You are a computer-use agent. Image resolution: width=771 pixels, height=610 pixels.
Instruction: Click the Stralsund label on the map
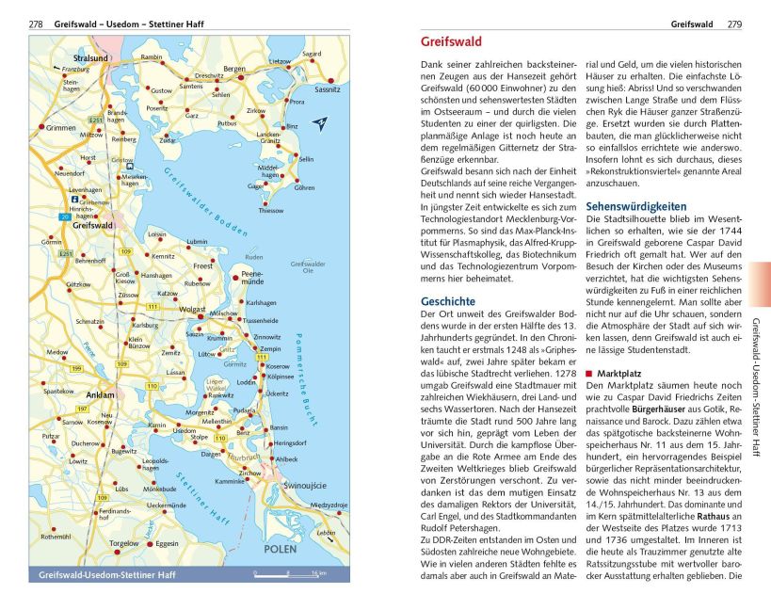tap(91, 58)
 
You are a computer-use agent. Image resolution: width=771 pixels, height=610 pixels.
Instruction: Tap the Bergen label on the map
tap(233, 68)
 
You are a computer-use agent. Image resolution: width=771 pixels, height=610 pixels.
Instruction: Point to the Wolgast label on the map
tap(192, 308)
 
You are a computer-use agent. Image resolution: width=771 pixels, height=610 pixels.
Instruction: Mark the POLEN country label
tap(279, 548)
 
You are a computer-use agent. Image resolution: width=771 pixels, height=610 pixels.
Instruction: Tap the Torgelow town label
tap(123, 543)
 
